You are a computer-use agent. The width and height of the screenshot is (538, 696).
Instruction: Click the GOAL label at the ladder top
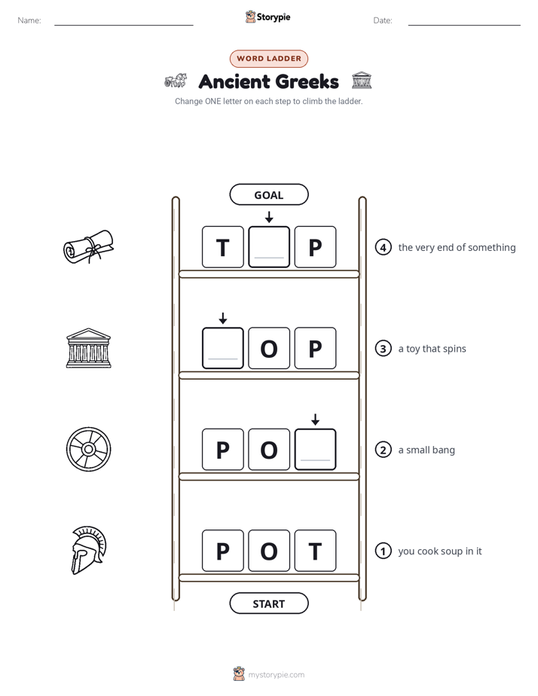(269, 195)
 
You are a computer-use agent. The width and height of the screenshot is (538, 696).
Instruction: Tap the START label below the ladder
(269, 603)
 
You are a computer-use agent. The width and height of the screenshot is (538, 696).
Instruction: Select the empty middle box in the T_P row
(269, 247)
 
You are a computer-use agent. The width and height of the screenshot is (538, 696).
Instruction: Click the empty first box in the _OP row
(223, 349)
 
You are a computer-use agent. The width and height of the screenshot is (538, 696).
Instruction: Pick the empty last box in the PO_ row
(315, 450)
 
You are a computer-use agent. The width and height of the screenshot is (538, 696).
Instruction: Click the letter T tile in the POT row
(315, 551)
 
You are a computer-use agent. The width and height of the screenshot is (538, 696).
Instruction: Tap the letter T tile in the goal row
(223, 247)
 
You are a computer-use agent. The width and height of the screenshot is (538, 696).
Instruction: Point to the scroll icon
(88, 247)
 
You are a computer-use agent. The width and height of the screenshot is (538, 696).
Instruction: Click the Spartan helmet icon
(89, 551)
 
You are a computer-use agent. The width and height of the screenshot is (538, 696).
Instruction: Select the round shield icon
(88, 449)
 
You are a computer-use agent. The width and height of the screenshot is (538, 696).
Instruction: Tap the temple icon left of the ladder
(88, 348)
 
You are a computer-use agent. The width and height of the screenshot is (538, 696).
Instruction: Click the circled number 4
(383, 247)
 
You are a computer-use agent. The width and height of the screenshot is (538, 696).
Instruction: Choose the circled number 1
(383, 551)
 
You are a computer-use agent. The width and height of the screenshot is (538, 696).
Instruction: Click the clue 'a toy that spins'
(432, 349)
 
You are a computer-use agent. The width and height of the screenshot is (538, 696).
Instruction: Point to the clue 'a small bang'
(426, 450)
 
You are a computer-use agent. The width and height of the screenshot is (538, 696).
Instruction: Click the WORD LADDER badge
(269, 59)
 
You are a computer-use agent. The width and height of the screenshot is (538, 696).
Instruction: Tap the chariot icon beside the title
(176, 81)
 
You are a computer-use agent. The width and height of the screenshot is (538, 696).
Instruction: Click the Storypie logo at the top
(268, 17)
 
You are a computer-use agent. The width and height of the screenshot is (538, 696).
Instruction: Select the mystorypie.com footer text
(276, 675)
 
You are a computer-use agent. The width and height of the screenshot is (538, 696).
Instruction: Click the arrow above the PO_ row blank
(315, 420)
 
